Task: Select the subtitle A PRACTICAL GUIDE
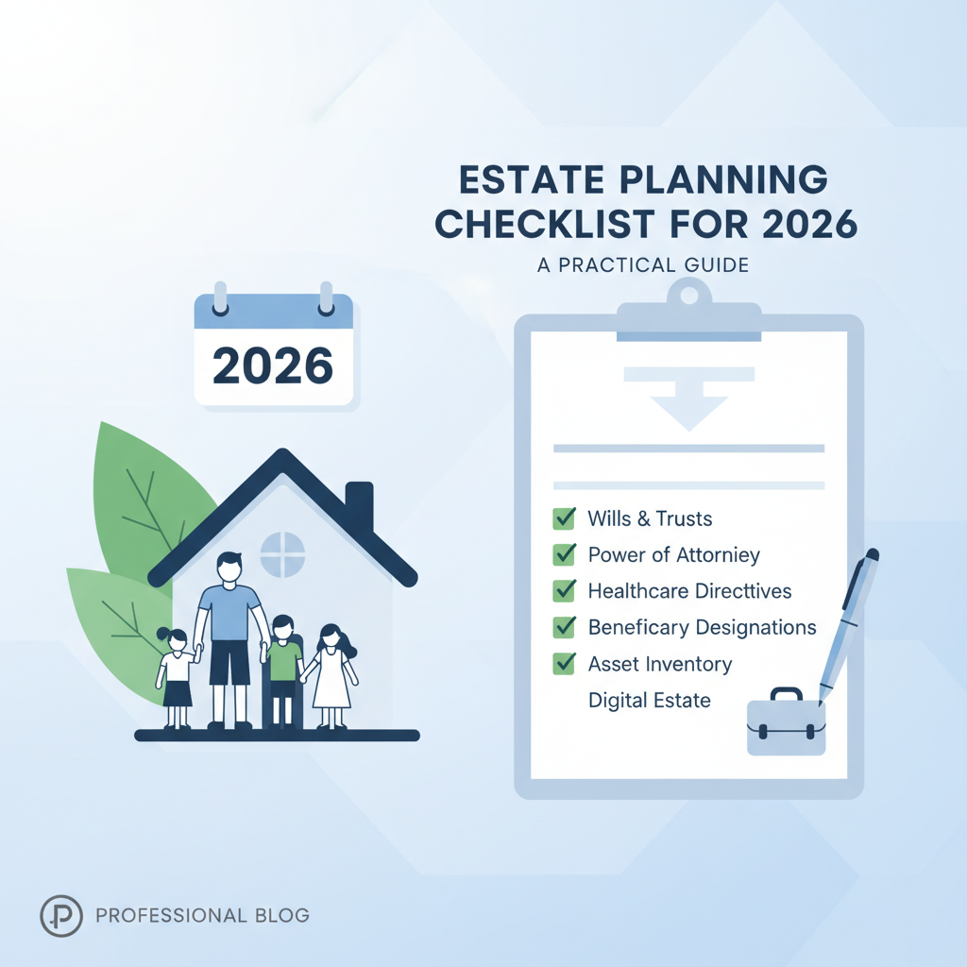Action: click(642, 265)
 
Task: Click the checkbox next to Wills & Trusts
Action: click(564, 517)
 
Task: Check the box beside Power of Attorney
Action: click(564, 554)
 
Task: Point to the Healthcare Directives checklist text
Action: click(689, 591)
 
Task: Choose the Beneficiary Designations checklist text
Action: click(702, 627)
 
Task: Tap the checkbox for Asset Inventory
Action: click(564, 663)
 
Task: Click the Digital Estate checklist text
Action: click(649, 701)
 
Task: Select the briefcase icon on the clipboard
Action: click(786, 724)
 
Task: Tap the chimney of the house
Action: click(359, 505)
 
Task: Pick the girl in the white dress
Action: click(331, 670)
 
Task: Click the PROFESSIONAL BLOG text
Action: click(202, 915)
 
